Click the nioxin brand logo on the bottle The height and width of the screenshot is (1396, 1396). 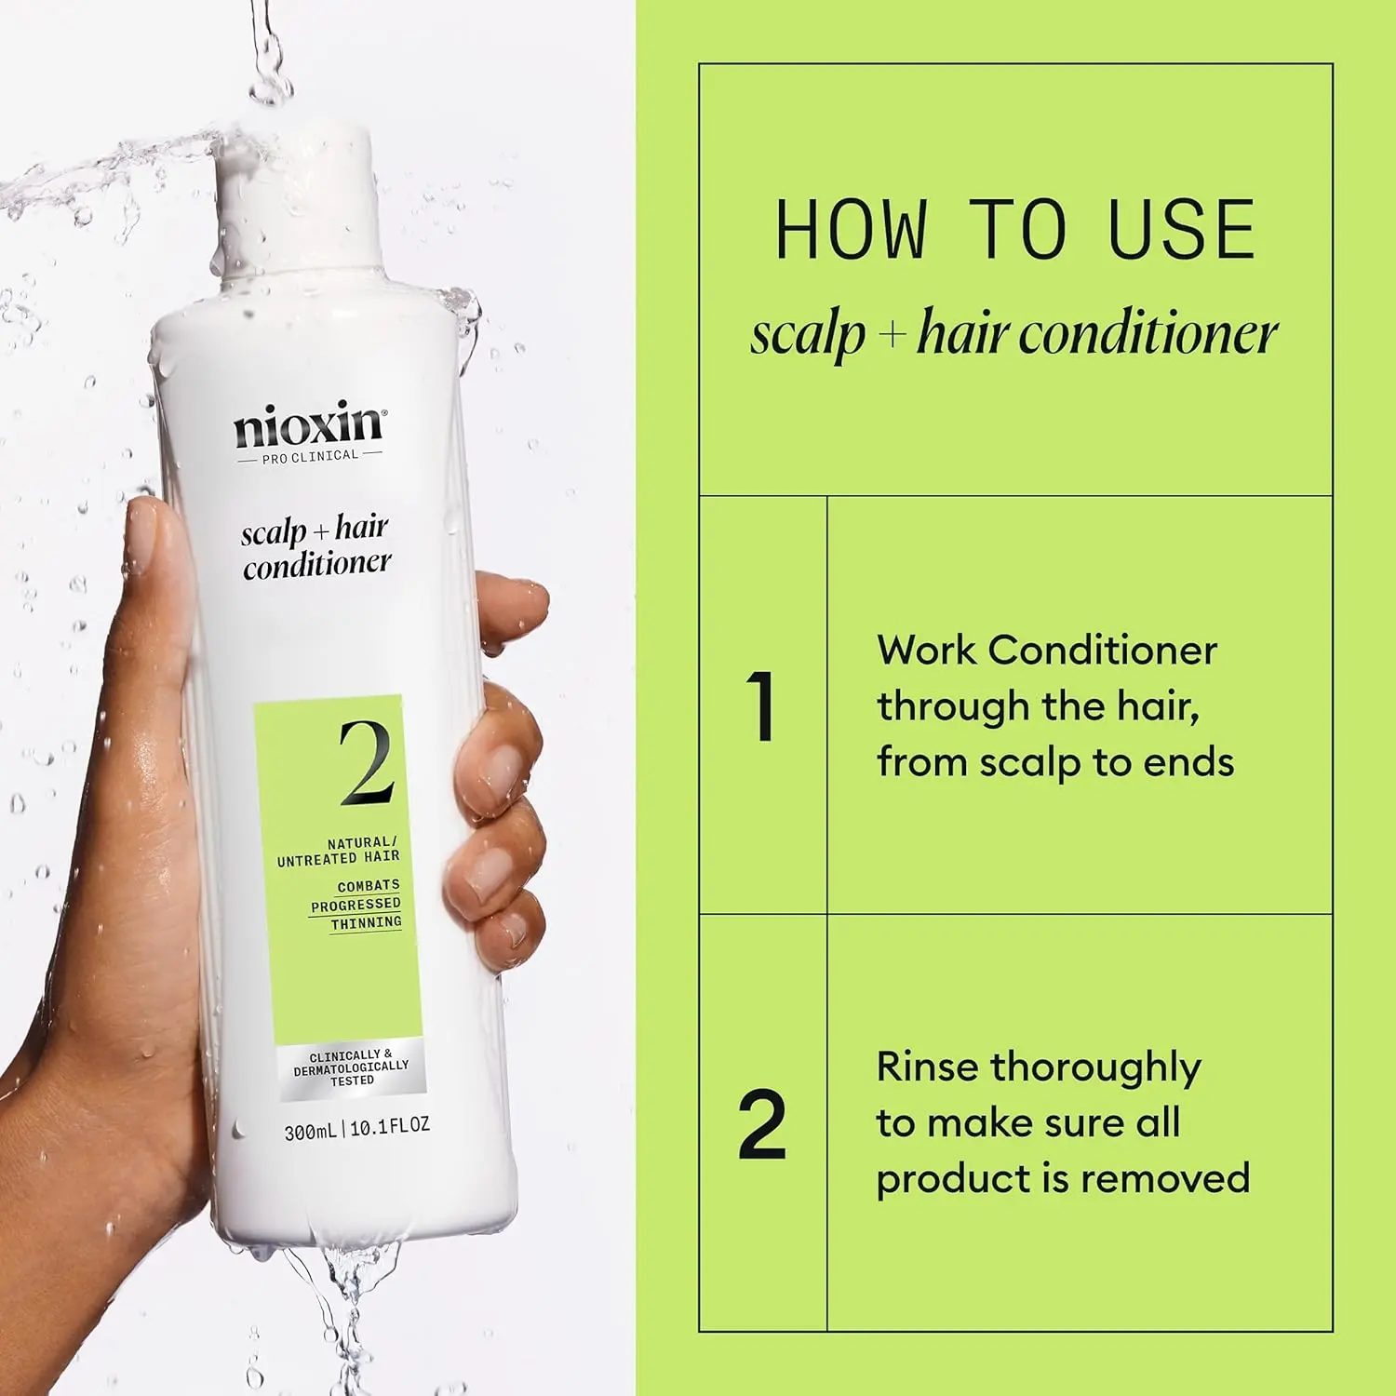[309, 424]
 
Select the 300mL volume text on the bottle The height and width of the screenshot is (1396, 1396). [310, 1132]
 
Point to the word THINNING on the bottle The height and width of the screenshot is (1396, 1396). [367, 923]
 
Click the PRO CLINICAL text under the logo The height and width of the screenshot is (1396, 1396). [310, 456]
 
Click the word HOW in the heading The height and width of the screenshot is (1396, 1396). [851, 230]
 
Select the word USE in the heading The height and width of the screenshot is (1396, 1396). [1182, 230]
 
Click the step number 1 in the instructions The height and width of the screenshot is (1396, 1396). [762, 706]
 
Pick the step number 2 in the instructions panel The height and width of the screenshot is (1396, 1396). [762, 1125]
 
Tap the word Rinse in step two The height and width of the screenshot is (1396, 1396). [928, 1067]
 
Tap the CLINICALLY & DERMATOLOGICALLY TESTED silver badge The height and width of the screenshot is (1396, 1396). [352, 1067]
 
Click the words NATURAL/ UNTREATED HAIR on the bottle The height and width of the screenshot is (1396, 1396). [339, 851]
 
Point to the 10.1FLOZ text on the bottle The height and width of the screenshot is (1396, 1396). [390, 1126]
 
